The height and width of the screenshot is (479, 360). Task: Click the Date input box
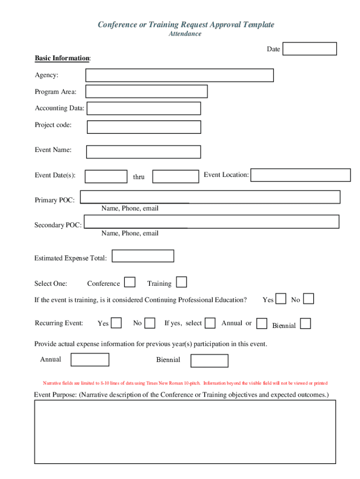310,49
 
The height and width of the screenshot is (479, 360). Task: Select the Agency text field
179,75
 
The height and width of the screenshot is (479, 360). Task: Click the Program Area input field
146,92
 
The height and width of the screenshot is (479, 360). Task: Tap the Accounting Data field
144,109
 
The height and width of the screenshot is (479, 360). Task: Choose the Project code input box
144,127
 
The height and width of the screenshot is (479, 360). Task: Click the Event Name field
144,152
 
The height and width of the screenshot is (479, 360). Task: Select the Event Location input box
301,175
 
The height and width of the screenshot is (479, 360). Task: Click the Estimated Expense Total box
143,256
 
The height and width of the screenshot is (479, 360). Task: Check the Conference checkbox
130,282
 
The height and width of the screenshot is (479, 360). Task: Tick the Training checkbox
181,282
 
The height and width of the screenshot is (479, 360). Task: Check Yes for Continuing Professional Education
281,298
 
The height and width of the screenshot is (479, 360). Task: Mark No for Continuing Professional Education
309,298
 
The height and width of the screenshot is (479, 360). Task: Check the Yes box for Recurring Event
116,323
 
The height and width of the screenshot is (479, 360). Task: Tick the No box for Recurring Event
150,323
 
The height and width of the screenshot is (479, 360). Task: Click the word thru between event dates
139,177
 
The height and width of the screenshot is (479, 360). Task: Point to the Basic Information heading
62,58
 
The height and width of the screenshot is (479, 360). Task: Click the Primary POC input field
210,197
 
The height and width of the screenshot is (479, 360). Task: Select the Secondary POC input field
210,221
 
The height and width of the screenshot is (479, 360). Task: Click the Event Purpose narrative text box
185,431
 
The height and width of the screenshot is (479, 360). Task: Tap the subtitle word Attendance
185,34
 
